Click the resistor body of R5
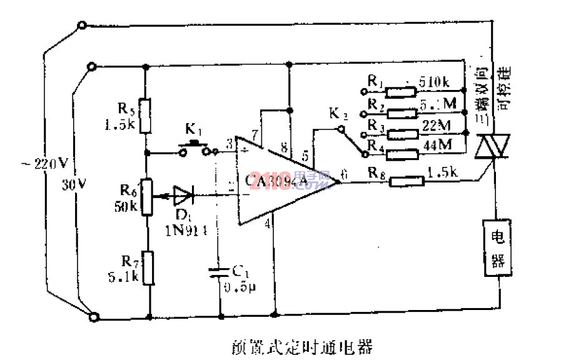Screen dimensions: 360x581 (145, 115)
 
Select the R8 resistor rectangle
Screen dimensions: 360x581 (406, 181)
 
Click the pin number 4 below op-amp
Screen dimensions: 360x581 (268, 223)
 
